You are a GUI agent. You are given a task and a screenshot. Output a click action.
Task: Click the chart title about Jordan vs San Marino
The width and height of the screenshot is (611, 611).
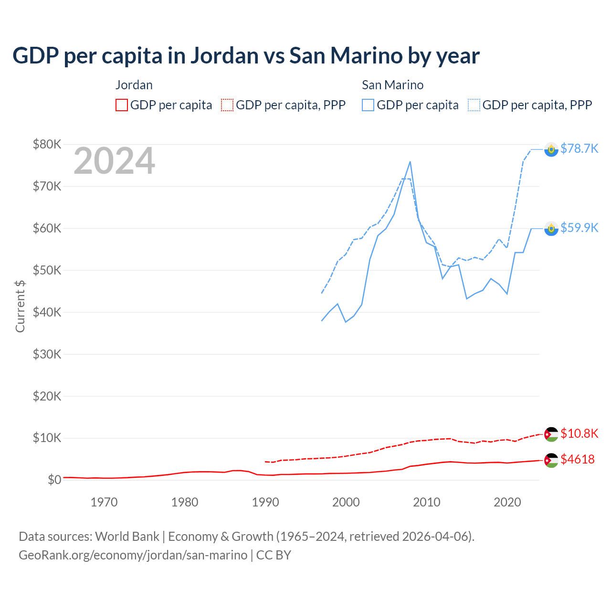pyautogui.click(x=246, y=56)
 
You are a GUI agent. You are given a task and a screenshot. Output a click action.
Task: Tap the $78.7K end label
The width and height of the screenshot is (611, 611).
pyautogui.click(x=579, y=148)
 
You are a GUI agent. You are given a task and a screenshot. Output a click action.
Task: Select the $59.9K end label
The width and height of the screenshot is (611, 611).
pyautogui.click(x=579, y=228)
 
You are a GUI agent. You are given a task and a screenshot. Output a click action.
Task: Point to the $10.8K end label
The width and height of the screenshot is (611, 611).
pyautogui.click(x=579, y=433)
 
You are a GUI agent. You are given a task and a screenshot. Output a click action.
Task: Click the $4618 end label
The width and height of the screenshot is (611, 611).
pyautogui.click(x=577, y=459)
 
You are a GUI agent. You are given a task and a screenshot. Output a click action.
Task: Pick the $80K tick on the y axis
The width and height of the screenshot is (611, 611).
pyautogui.click(x=47, y=144)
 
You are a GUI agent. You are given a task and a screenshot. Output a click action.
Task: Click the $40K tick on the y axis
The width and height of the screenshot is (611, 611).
pyautogui.click(x=47, y=312)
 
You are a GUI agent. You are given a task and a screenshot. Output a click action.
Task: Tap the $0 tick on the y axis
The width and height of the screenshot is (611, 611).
pyautogui.click(x=54, y=480)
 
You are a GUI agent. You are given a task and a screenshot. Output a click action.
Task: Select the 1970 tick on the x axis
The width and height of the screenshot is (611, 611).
pyautogui.click(x=104, y=502)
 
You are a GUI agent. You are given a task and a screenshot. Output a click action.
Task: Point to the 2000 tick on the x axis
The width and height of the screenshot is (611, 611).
pyautogui.click(x=346, y=502)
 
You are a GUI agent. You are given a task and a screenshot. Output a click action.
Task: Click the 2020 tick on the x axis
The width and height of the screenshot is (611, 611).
pyautogui.click(x=507, y=502)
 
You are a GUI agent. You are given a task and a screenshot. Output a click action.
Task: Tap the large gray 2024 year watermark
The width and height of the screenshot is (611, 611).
pyautogui.click(x=114, y=161)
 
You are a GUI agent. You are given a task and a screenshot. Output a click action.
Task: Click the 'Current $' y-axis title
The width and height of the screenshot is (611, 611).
pyautogui.click(x=20, y=306)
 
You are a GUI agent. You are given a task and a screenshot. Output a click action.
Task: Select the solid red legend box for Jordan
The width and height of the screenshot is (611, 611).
pyautogui.click(x=122, y=105)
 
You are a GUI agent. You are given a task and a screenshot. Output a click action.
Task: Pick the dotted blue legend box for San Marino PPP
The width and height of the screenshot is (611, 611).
pyautogui.click(x=474, y=105)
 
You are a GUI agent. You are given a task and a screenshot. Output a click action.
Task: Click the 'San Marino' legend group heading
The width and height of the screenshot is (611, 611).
pyautogui.click(x=392, y=85)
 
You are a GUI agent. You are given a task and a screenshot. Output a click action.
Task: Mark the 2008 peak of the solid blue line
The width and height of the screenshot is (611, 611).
pyautogui.click(x=410, y=162)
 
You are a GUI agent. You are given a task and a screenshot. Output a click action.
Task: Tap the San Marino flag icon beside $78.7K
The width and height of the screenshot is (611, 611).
pyautogui.click(x=551, y=149)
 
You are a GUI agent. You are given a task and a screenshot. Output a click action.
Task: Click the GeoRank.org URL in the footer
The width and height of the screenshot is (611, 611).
pyautogui.click(x=133, y=555)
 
